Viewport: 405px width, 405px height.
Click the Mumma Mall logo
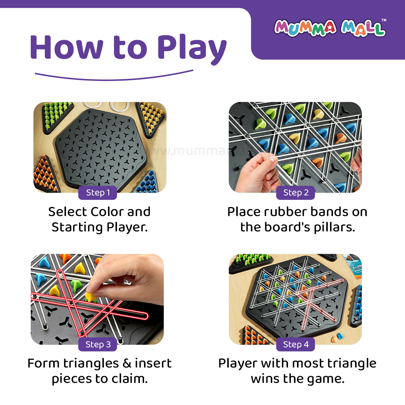(x=330, y=28)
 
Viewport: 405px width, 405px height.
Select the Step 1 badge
(x=97, y=193)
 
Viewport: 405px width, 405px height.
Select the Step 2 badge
(x=295, y=193)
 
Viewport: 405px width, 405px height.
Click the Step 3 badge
(x=97, y=344)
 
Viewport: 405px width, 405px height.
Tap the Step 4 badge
(x=295, y=344)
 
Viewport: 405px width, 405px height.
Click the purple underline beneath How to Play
(x=114, y=77)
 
